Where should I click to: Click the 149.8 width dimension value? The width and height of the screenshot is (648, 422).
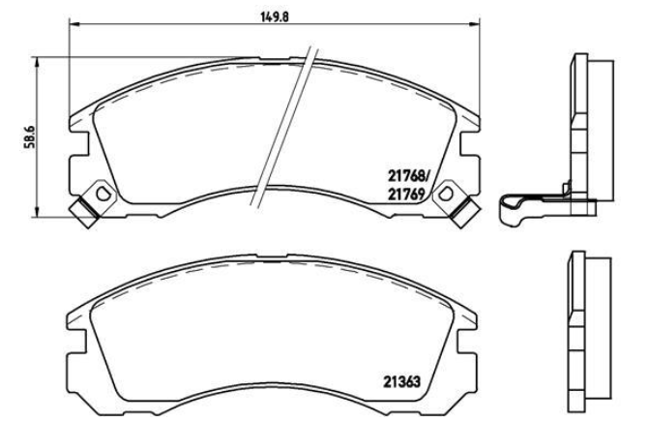[x=274, y=16]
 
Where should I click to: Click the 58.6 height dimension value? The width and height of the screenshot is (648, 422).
[x=29, y=136]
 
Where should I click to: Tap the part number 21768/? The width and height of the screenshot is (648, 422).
[x=409, y=177]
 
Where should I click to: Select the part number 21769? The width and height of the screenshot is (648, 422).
[x=406, y=194]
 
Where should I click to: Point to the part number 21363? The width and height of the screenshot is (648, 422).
[x=401, y=381]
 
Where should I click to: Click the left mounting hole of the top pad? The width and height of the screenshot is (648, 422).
[x=103, y=193]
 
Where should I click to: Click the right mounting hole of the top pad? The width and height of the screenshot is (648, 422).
[x=445, y=194]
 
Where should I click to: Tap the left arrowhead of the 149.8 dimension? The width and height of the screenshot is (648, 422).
[x=74, y=24]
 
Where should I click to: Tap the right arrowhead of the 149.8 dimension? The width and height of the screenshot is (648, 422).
[x=475, y=24]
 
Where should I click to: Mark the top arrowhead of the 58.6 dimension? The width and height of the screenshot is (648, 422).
[x=38, y=63]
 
